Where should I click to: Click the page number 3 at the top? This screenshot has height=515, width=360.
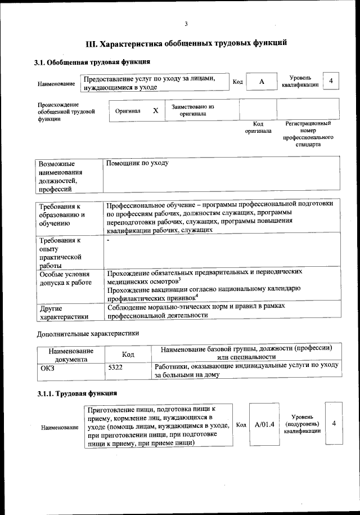pyautogui.click(x=185, y=23)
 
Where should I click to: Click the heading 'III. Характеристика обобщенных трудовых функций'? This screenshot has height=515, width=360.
pyautogui.click(x=186, y=43)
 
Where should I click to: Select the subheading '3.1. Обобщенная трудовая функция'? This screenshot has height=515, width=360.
pyautogui.click(x=92, y=62)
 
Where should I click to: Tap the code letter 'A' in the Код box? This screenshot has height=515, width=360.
pyautogui.click(x=262, y=82)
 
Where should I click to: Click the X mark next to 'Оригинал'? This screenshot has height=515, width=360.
pyautogui.click(x=155, y=111)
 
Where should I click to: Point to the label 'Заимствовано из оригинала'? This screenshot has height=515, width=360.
pyautogui.click(x=193, y=110)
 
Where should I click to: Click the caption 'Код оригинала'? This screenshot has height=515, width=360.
pyautogui.click(x=258, y=127)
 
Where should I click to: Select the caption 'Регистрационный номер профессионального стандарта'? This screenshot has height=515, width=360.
pyautogui.click(x=308, y=133)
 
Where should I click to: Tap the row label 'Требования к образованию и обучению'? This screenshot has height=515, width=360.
pyautogui.click(x=62, y=215)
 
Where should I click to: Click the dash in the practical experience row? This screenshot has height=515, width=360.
pyautogui.click(x=108, y=241)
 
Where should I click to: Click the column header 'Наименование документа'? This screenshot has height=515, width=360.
pyautogui.click(x=71, y=354)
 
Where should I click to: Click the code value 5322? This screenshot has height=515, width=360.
pyautogui.click(x=115, y=368)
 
